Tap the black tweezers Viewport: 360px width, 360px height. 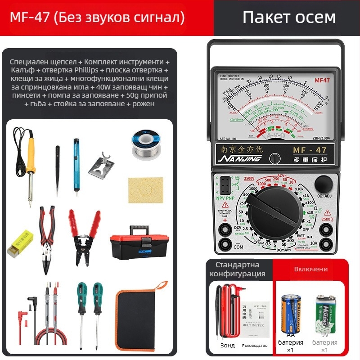pos(58,163)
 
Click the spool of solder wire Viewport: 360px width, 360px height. pos(145,144)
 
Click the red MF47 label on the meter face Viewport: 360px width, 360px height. pos(322,81)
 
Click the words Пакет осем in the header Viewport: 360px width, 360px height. pos(289,17)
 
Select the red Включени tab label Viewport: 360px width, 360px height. pos(311,269)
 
